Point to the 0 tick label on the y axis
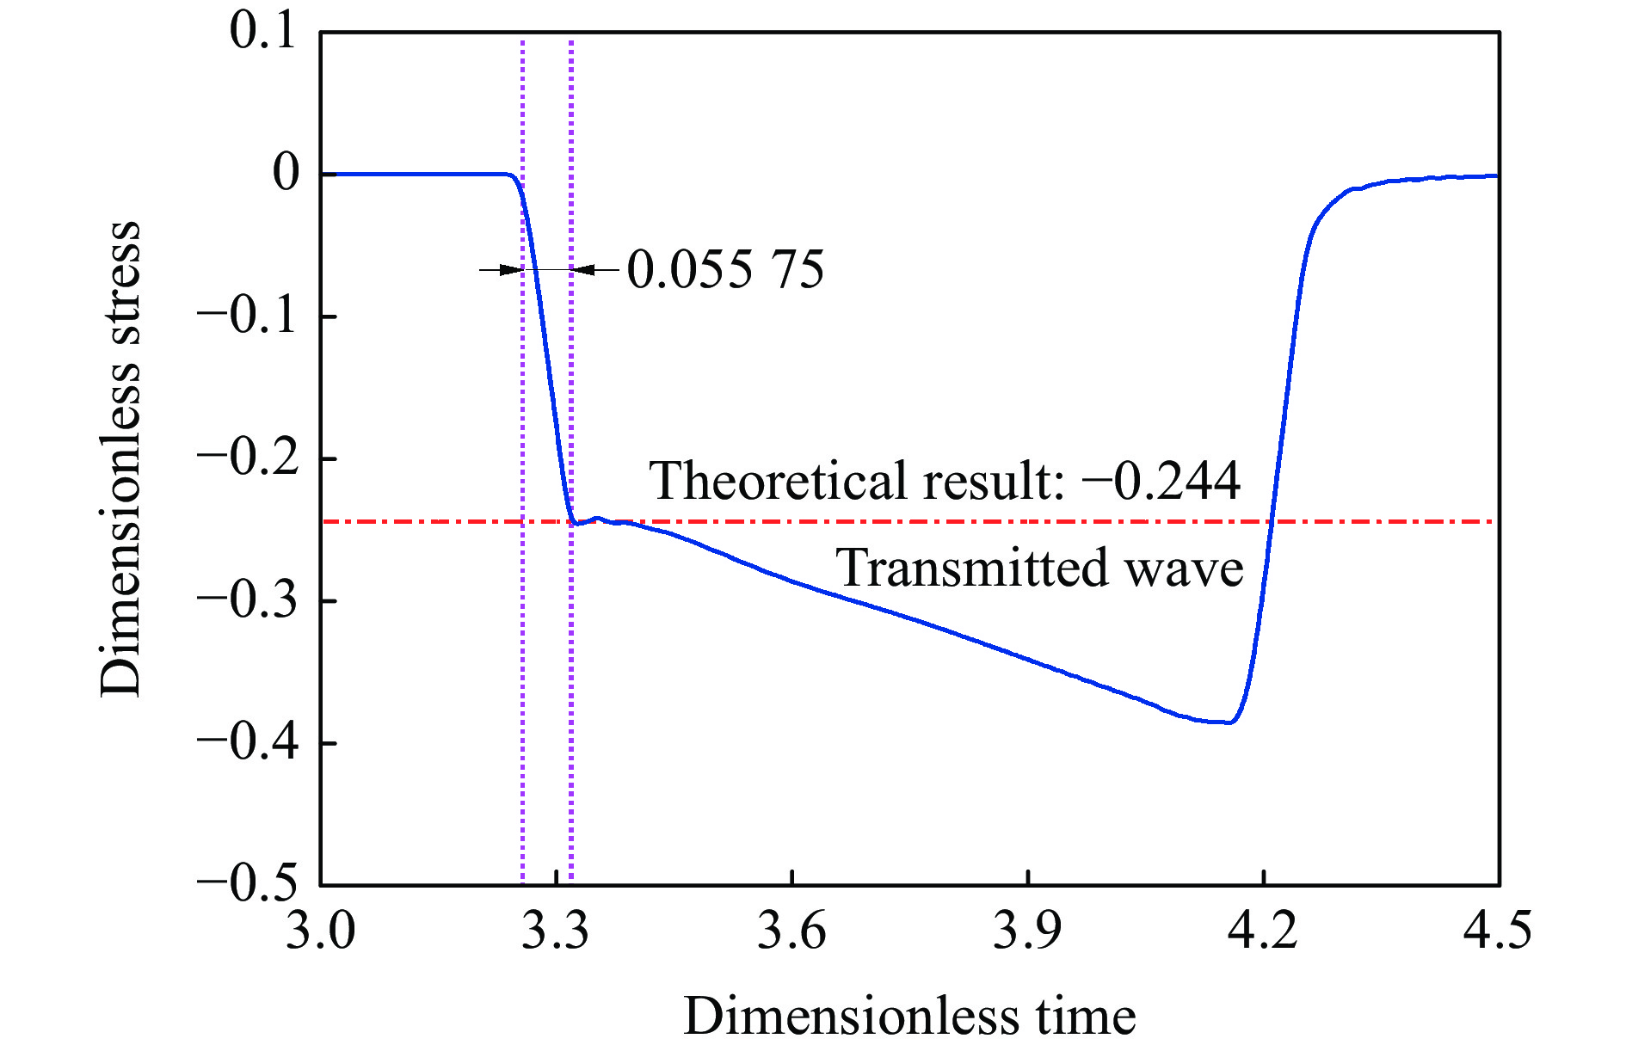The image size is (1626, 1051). pos(286,173)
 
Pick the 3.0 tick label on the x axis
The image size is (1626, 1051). pos(320,931)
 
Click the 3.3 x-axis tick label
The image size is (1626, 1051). pos(556,931)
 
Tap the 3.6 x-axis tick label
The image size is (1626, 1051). pos(791,931)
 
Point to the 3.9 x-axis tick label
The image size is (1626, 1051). pos(1027,931)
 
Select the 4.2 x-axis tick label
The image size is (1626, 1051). pos(1263,931)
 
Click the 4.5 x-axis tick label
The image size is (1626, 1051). pos(1498,931)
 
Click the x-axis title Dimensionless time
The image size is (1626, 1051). pos(909,1017)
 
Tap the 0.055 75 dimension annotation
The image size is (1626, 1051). pos(725,269)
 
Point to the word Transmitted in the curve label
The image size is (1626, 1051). pos(971,568)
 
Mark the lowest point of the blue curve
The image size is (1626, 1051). pos(1229,722)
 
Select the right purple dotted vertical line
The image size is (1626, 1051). pos(571,688)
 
